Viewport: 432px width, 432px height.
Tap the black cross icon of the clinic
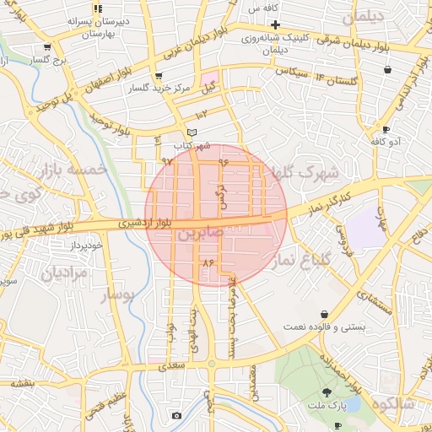click(275, 24)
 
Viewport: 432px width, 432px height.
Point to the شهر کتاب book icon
click(192, 132)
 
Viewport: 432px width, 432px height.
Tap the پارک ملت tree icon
click(327, 392)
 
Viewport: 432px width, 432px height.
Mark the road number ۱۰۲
click(201, 114)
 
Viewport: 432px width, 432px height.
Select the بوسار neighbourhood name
click(118, 296)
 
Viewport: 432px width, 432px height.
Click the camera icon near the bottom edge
click(175, 415)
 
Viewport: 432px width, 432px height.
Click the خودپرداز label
click(85, 245)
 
